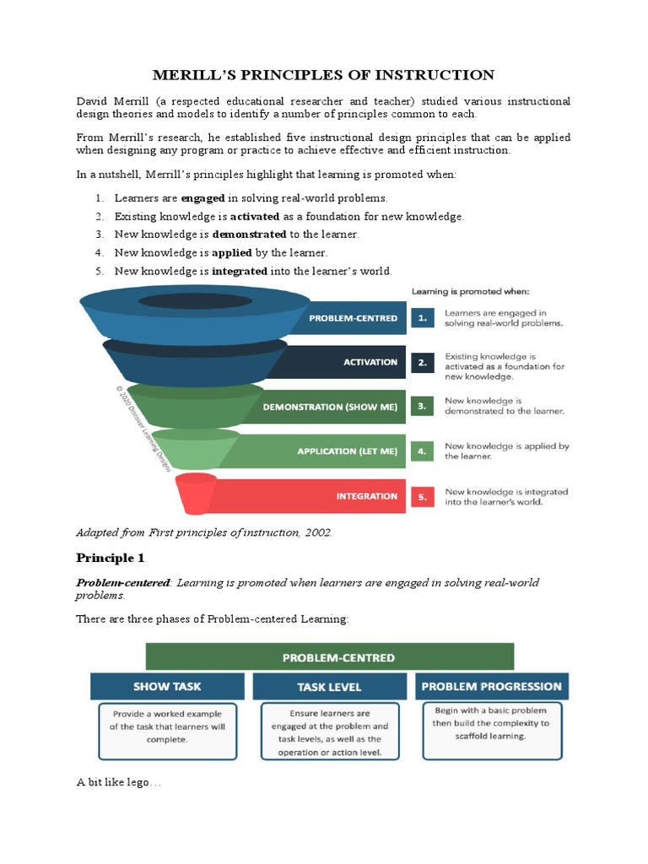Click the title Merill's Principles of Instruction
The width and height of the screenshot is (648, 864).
tap(323, 75)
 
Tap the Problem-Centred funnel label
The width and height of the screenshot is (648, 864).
tap(354, 318)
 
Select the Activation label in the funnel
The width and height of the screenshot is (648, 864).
tap(370, 362)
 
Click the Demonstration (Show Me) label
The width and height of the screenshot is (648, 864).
tap(330, 407)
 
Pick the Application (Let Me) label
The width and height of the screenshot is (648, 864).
tap(347, 451)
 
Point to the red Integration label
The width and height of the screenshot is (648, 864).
tap(367, 496)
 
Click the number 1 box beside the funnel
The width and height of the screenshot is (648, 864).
tap(421, 318)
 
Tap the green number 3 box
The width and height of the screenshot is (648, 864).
tap(421, 407)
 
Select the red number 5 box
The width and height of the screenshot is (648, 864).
tap(421, 497)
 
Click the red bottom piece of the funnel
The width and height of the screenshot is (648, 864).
tap(196, 493)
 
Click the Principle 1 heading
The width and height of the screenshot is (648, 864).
tap(105, 558)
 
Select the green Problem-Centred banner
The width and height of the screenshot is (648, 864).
tap(329, 657)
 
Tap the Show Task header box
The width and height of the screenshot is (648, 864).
tap(167, 686)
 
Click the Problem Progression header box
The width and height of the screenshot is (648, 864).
tap(491, 686)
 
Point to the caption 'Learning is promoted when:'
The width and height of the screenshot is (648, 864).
tap(470, 291)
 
